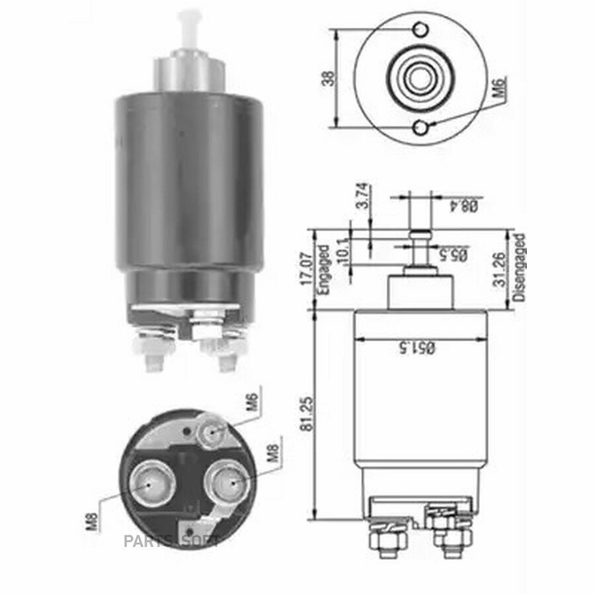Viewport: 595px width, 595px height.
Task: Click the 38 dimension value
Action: (x=329, y=78)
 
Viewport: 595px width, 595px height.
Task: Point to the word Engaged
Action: (x=323, y=270)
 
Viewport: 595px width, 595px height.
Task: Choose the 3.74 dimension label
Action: (x=363, y=196)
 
